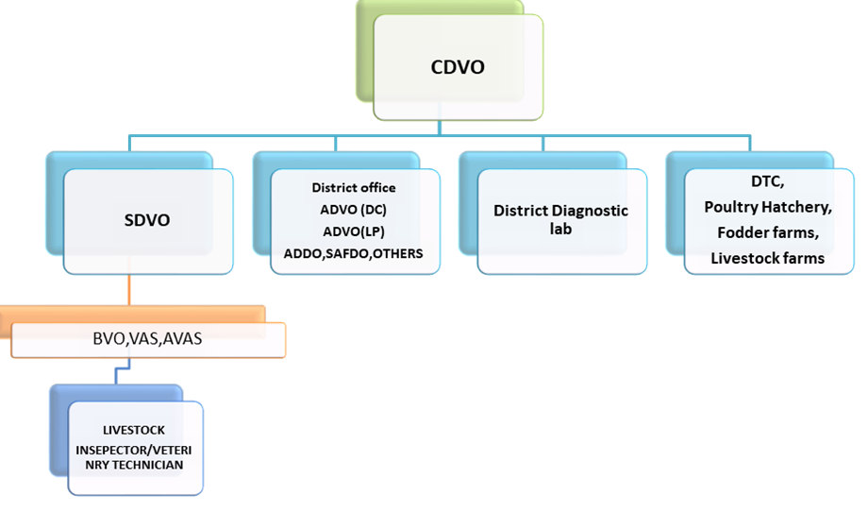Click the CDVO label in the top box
click(x=458, y=67)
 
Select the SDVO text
click(x=147, y=221)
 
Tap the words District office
click(x=354, y=188)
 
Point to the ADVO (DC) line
click(x=354, y=210)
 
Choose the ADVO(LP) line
click(x=354, y=231)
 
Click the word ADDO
click(x=304, y=253)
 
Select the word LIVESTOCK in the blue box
click(x=134, y=430)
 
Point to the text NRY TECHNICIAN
click(x=134, y=465)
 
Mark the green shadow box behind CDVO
click(x=366, y=47)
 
